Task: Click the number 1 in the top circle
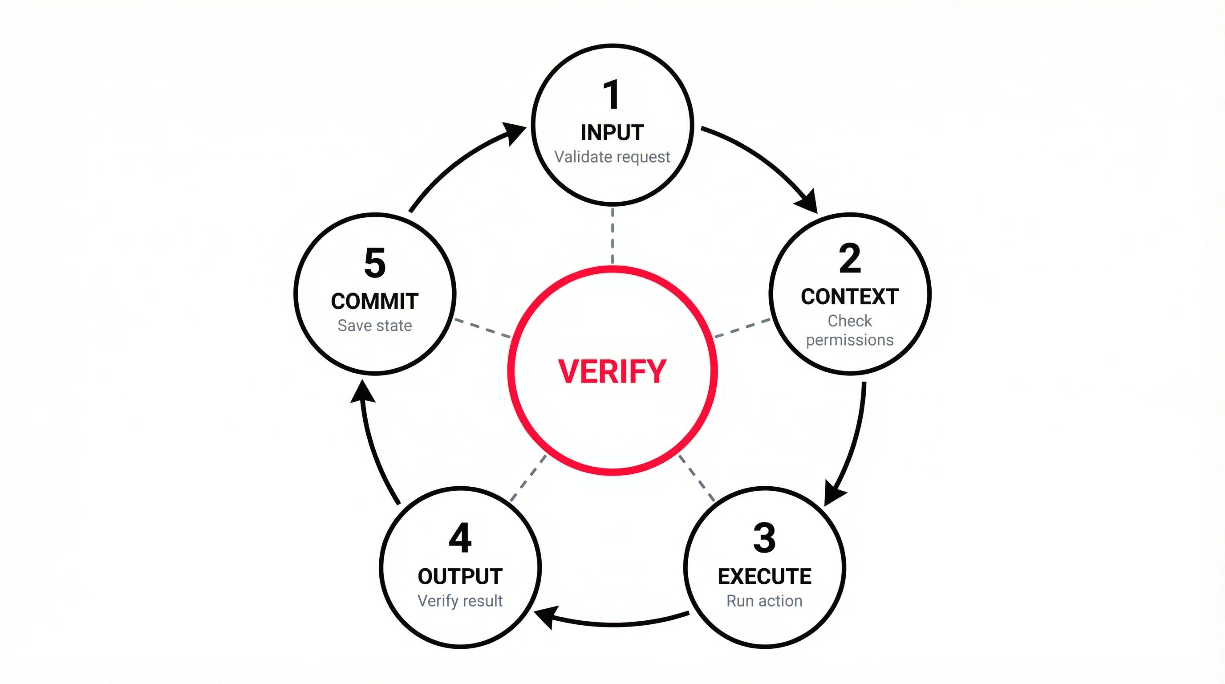(612, 95)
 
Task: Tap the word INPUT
(612, 133)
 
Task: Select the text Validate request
(612, 157)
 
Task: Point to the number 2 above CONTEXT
(850, 258)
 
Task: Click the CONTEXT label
(850, 297)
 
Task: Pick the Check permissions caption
(850, 330)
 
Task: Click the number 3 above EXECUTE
(764, 538)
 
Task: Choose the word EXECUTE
(764, 577)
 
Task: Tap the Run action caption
(764, 601)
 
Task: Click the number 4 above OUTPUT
(460, 538)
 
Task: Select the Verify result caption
(460, 601)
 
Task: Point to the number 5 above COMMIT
(375, 263)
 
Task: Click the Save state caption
(375, 326)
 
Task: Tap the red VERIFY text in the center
(612, 371)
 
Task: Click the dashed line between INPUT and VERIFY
(612, 236)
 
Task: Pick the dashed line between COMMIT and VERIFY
(482, 328)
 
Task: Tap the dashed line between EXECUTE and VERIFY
(697, 478)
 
